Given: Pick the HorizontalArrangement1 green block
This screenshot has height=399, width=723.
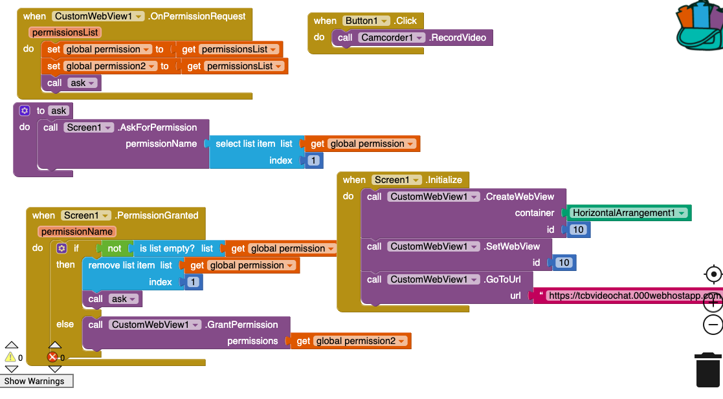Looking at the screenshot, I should coord(627,213).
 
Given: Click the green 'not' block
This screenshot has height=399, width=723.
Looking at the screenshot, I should coord(114,248).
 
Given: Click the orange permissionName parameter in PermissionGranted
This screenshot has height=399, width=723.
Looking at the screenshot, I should coord(76,232).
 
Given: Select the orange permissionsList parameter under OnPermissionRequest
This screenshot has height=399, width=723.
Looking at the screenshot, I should coord(65,32).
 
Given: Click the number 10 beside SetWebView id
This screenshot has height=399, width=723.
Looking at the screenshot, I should coord(564,263).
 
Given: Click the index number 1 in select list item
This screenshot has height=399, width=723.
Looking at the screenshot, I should coord(314,160).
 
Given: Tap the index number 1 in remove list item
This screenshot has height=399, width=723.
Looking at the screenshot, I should coord(193,282).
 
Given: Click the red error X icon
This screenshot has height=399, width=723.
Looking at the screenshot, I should coord(53,357).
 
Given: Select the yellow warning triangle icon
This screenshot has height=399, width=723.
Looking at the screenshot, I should coord(10,357).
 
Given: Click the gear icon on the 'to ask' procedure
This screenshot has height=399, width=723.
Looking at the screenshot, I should coord(25,111).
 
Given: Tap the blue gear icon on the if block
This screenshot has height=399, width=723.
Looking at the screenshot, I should coord(61,248).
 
